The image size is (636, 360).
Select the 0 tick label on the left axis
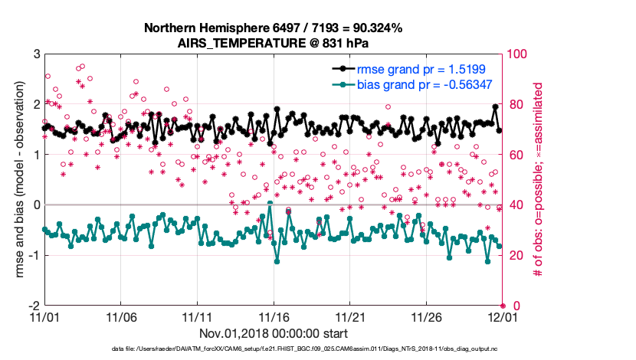coord(36,205)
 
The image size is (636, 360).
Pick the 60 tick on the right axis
coord(514,155)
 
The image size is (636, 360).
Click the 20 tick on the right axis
coord(514,255)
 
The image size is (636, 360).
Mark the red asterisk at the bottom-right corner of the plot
coord(502,305)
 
